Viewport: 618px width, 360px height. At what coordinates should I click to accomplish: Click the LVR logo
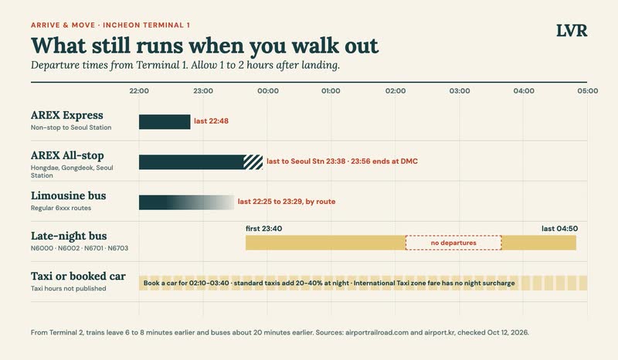[572, 31]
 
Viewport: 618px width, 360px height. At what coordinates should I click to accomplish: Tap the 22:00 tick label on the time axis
[139, 90]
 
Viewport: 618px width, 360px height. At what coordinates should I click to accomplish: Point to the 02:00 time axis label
[396, 90]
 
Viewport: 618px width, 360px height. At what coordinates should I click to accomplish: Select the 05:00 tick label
[588, 90]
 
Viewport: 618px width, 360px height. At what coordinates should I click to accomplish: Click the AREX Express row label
[67, 115]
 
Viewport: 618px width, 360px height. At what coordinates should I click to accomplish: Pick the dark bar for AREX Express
[165, 122]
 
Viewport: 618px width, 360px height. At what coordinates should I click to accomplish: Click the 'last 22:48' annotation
[211, 121]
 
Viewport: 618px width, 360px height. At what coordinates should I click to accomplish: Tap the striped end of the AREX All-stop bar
[253, 162]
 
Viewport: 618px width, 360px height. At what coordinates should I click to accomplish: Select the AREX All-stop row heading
[67, 155]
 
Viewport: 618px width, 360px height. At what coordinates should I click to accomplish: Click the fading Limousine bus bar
[186, 202]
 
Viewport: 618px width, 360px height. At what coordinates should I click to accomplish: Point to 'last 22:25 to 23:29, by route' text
[287, 202]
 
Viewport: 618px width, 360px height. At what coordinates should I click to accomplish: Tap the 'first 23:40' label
[263, 229]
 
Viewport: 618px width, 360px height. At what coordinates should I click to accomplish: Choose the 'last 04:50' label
[559, 229]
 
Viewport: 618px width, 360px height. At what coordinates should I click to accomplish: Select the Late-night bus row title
[69, 236]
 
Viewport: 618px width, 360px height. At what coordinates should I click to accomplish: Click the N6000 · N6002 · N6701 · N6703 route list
[80, 248]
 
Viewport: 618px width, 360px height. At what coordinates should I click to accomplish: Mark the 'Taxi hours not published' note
[69, 288]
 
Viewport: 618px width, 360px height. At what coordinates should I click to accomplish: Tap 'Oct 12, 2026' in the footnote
[508, 332]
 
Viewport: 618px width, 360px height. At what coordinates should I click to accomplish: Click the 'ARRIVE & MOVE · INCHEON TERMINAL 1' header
[110, 25]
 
